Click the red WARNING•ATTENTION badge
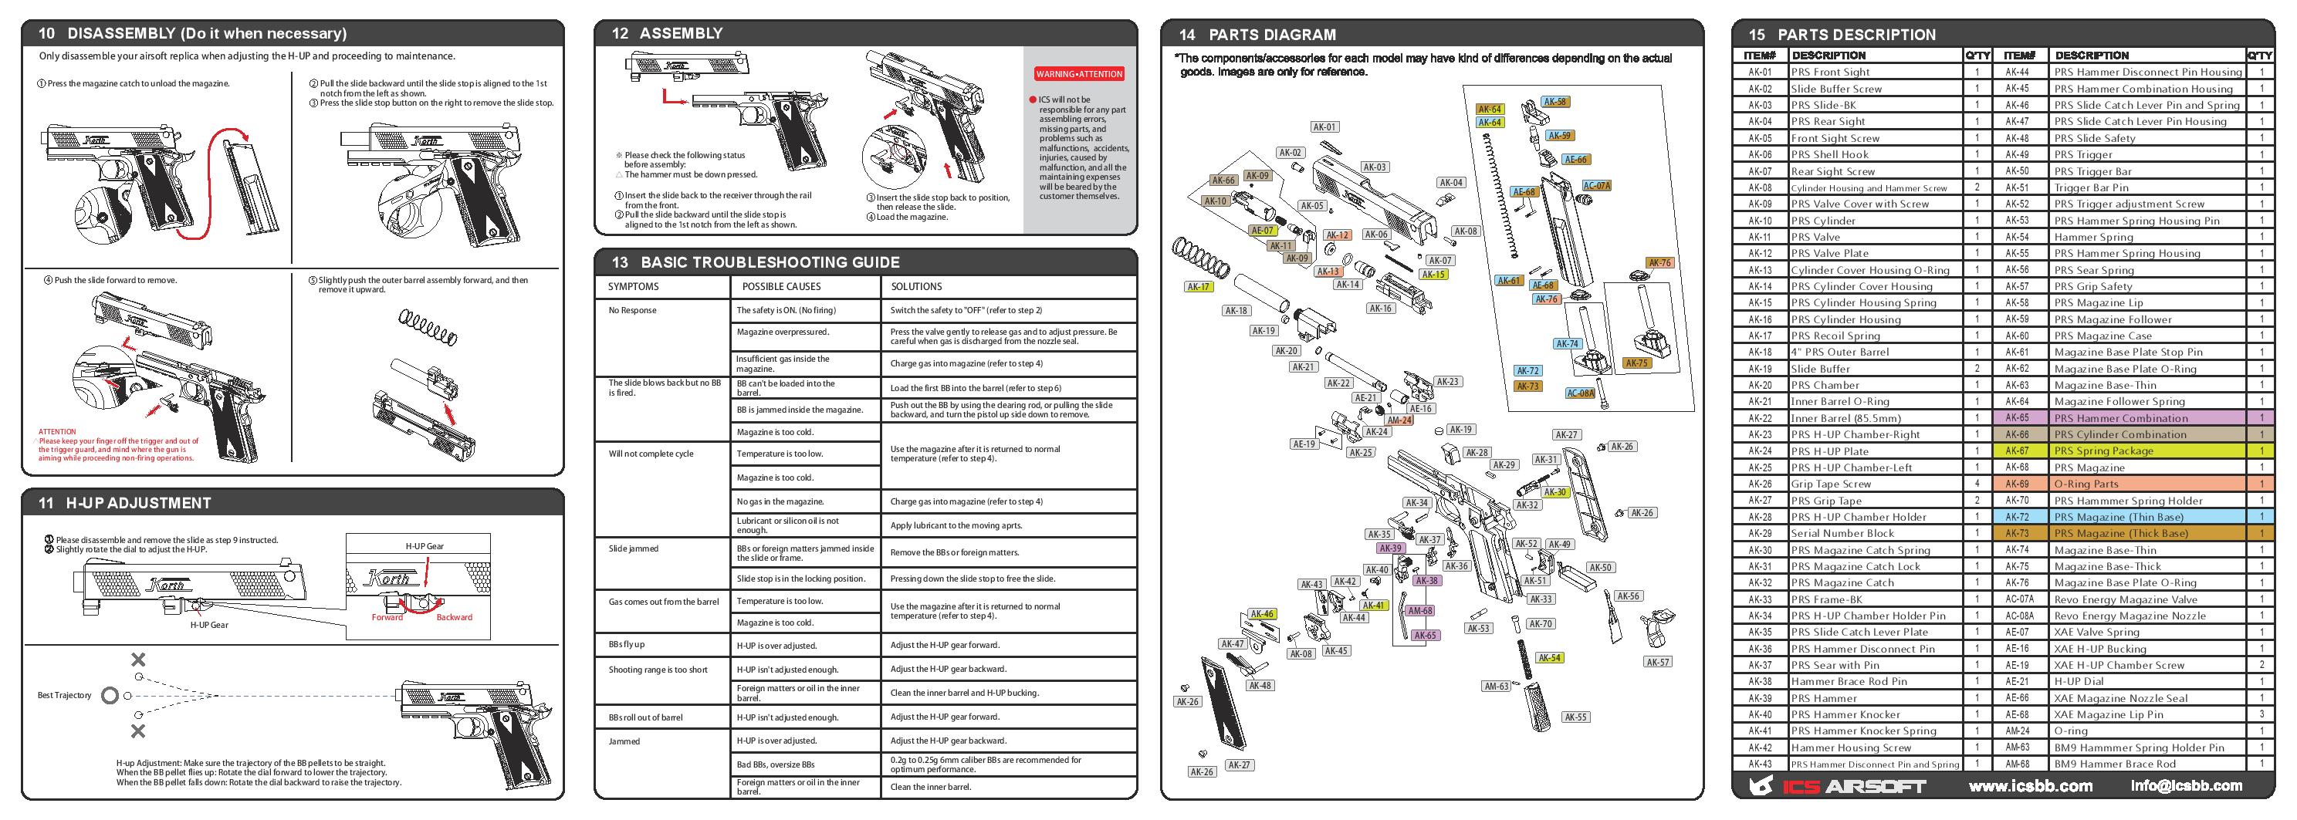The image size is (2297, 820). [1078, 74]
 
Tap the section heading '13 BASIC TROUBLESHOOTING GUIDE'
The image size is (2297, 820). [770, 262]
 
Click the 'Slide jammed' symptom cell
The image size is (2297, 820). [633, 549]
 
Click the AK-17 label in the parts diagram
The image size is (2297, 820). [1198, 287]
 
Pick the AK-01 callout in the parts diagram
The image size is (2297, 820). [1324, 127]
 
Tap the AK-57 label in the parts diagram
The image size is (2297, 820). [1658, 662]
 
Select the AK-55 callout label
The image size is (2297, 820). [1575, 717]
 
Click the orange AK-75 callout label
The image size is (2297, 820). [1636, 363]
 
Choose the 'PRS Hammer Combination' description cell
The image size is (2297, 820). [2119, 418]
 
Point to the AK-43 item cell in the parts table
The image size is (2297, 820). [1759, 764]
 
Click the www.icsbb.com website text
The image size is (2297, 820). [2031, 786]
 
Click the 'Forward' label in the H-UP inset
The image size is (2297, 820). [387, 618]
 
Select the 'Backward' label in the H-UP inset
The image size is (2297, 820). [454, 618]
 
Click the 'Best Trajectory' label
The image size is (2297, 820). [64, 695]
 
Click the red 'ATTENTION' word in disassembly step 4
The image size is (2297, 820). [57, 431]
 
